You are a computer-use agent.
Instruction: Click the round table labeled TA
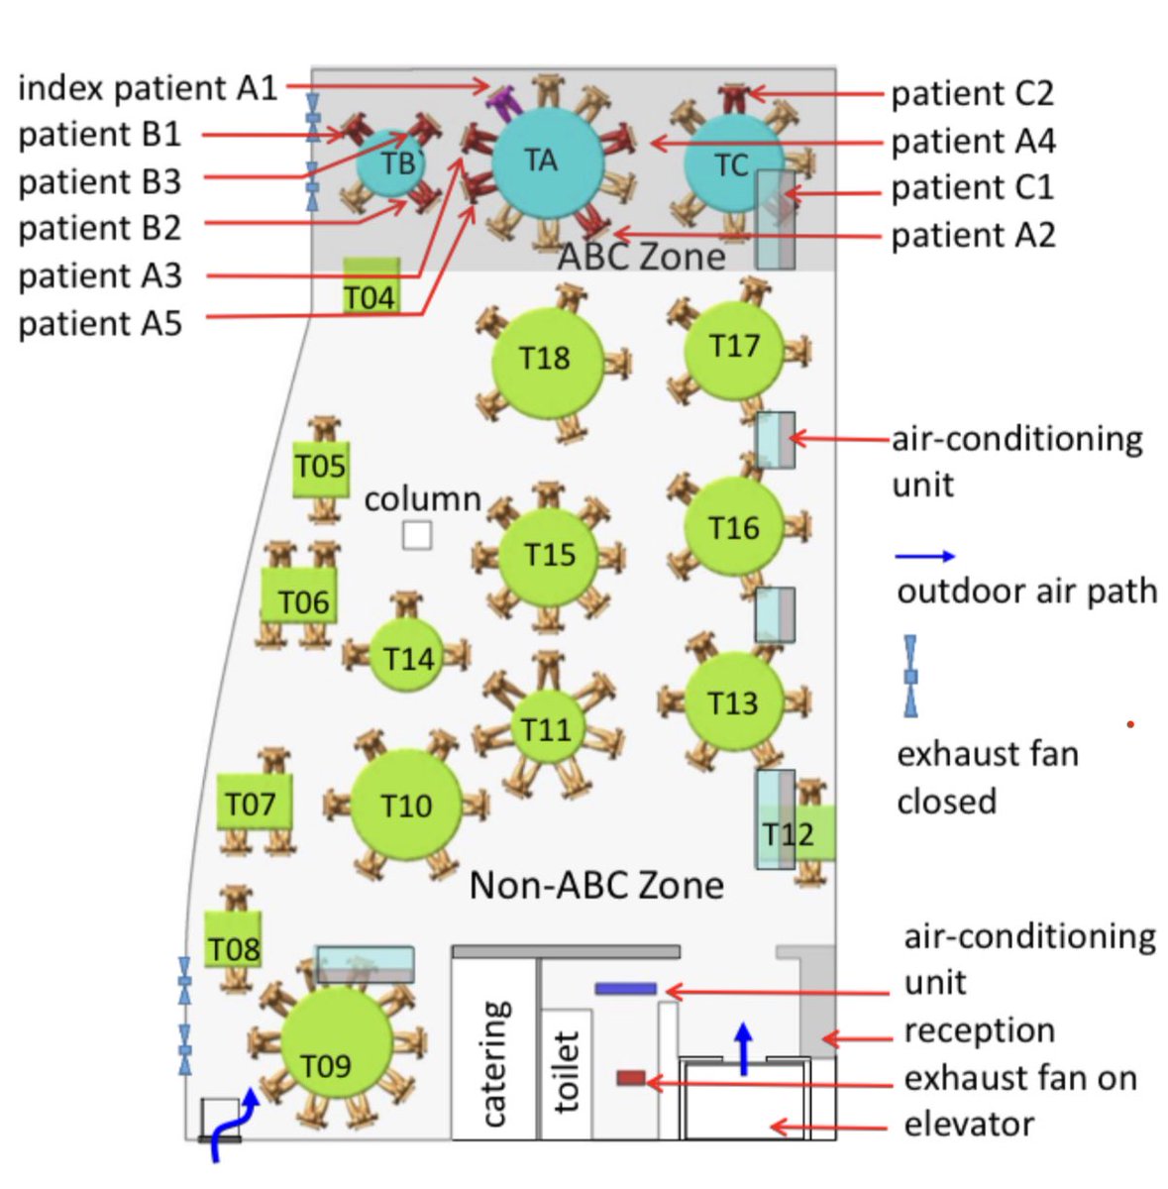point(547,162)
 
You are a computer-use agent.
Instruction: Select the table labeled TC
point(733,163)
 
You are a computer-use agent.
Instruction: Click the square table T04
point(372,287)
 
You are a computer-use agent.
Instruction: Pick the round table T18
point(547,359)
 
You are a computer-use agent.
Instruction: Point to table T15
point(549,555)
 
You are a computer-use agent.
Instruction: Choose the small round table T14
point(407,657)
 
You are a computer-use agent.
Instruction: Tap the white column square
point(417,535)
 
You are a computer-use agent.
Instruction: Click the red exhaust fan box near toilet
point(631,1077)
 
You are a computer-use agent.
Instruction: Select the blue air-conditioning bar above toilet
point(625,988)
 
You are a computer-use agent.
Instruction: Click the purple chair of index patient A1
point(504,97)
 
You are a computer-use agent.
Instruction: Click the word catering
point(494,1062)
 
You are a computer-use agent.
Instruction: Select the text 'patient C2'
point(972,93)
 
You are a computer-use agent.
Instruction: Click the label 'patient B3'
point(100,182)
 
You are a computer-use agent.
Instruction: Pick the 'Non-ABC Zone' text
point(596,885)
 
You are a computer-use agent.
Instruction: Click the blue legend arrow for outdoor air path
point(925,556)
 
